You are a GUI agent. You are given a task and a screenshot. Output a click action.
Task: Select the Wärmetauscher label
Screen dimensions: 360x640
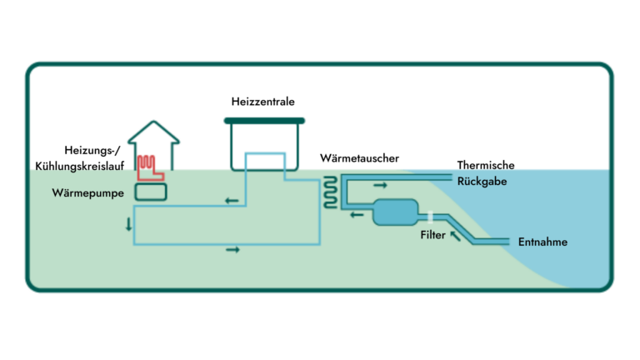pos(359,157)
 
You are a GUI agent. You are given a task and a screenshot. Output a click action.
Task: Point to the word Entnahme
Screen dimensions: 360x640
pos(542,242)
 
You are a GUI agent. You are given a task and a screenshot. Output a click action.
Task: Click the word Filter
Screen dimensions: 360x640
pos(432,235)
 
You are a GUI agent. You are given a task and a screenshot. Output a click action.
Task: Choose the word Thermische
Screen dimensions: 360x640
pos(486,163)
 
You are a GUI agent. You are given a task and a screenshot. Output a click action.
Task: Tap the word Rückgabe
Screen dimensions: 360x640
pos(483,179)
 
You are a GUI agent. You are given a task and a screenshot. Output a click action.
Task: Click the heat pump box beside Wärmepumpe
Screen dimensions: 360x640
pos(151,192)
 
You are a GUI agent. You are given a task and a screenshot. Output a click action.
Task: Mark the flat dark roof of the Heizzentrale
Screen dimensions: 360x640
pos(263,121)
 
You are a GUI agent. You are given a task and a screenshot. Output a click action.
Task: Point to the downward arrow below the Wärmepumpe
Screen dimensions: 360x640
pos(128,225)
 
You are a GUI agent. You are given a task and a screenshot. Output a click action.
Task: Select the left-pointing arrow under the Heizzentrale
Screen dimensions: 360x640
pos(231,201)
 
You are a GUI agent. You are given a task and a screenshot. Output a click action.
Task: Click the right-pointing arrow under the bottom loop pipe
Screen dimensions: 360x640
pos(232,250)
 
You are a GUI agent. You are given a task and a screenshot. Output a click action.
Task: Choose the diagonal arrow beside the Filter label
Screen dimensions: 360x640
pos(454,237)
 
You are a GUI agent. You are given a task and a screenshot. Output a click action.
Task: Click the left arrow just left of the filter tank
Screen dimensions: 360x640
pos(357,216)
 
